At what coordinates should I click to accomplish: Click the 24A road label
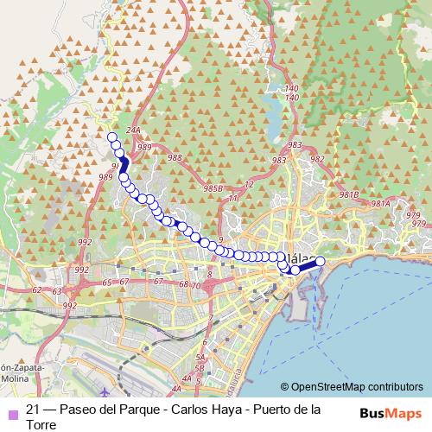tap(132, 130)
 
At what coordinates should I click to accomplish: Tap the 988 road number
tap(175, 157)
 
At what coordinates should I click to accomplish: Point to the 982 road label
tap(317, 159)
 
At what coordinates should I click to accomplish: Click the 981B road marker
tap(349, 194)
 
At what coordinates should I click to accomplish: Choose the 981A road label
tap(380, 204)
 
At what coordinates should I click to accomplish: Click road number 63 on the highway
tap(57, 291)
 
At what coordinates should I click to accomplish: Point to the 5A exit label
tap(200, 358)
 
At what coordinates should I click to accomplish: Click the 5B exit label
tap(200, 369)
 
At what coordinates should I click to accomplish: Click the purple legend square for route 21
tap(11, 411)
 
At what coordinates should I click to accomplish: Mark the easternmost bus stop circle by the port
tap(320, 261)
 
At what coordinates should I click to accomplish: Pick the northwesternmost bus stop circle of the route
tap(111, 137)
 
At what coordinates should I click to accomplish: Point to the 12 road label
tap(249, 185)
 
